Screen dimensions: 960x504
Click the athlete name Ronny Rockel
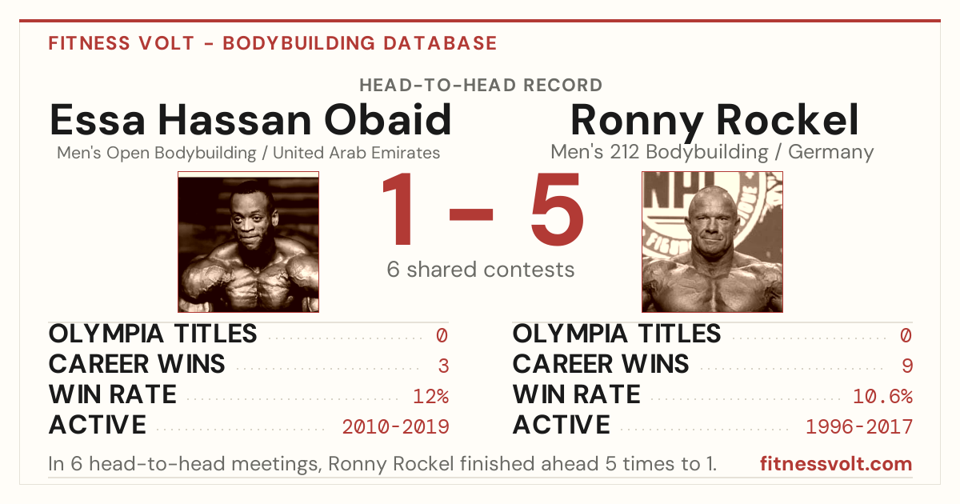[x=714, y=122]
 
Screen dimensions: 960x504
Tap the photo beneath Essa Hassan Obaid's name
[x=248, y=242]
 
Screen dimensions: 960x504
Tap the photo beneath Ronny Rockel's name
[x=712, y=242]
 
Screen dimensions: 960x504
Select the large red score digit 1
[x=398, y=209]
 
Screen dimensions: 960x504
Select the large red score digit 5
[x=557, y=209]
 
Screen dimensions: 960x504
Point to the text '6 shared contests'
[x=481, y=270]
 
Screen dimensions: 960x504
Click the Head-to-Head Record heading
[x=481, y=86]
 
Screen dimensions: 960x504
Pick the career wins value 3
[x=443, y=366]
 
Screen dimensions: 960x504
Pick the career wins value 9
[x=907, y=366]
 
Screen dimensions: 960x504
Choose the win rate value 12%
[x=430, y=397]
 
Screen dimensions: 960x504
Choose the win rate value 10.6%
[x=883, y=397]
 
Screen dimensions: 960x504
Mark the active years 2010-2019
[x=395, y=427]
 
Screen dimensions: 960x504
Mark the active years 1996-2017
[x=859, y=427]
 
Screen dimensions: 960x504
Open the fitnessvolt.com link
[x=836, y=464]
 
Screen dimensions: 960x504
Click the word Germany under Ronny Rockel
[x=830, y=152]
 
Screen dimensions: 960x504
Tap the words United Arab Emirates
[x=357, y=153]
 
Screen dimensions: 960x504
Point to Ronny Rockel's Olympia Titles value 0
[x=906, y=335]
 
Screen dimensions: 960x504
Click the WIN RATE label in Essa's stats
[x=113, y=394]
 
